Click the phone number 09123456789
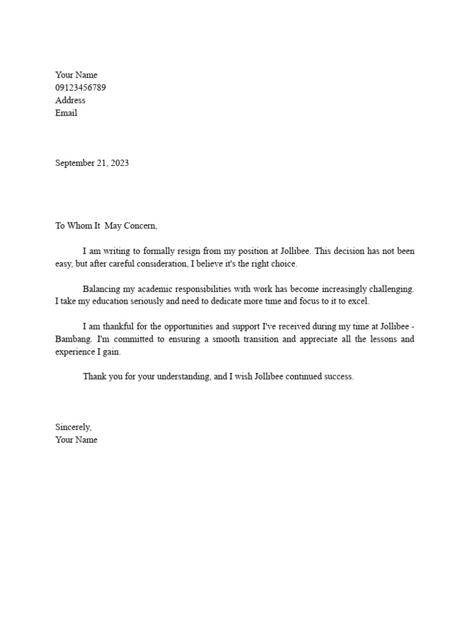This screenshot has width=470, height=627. (x=80, y=88)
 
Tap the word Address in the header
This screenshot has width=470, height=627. (x=70, y=100)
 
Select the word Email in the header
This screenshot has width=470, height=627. (x=66, y=113)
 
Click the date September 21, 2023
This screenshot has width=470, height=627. (x=92, y=163)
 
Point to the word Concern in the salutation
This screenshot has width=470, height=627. (x=140, y=226)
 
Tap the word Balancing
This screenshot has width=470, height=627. (x=102, y=289)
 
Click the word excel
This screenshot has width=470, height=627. (x=359, y=302)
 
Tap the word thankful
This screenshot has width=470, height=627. (x=114, y=327)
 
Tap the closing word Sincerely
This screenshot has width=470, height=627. (x=73, y=427)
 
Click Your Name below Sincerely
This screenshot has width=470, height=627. (x=76, y=440)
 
